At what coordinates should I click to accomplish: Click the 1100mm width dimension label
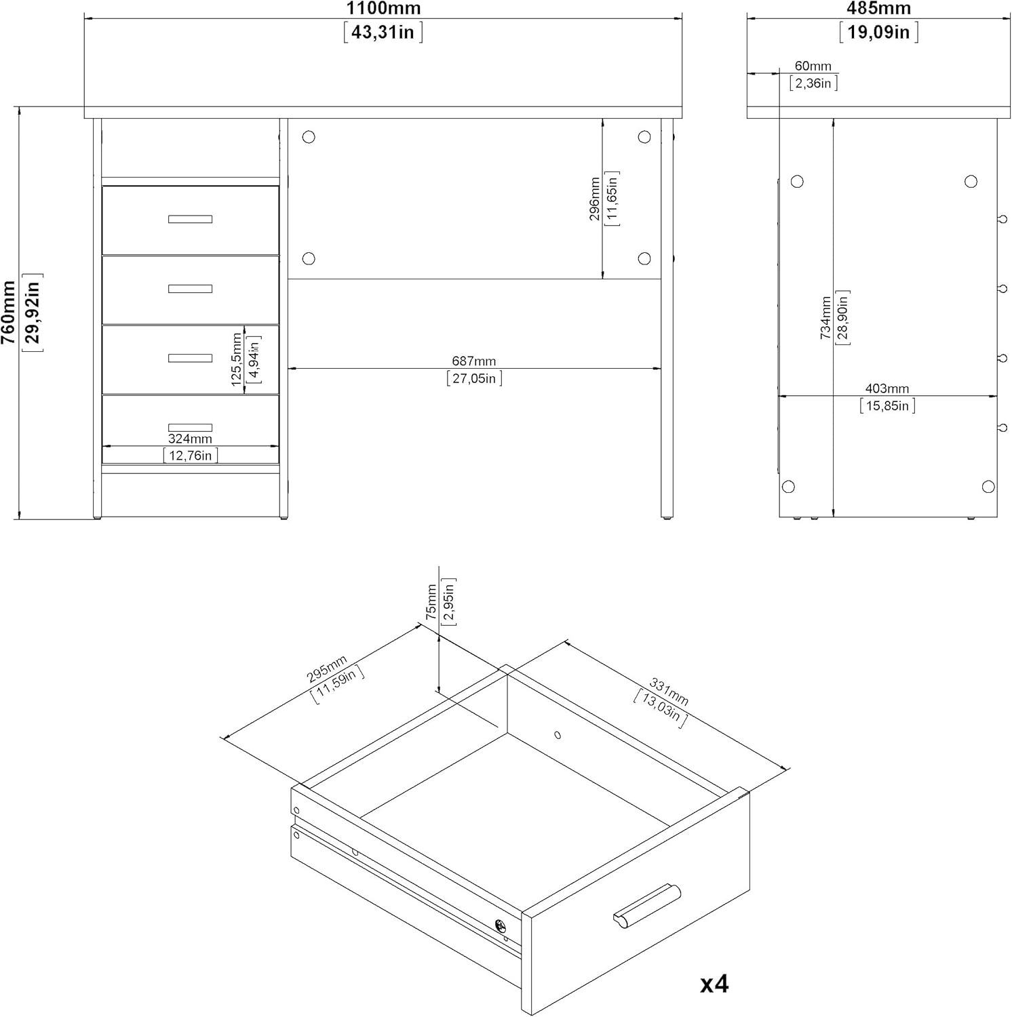click(383, 9)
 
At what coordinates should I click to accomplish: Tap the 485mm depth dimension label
click(878, 9)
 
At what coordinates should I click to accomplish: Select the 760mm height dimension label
click(9, 312)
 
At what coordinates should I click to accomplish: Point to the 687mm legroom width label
click(474, 361)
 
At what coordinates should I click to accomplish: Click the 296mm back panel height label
click(595, 199)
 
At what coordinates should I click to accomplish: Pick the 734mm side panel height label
click(825, 317)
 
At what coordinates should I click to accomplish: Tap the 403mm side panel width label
click(887, 388)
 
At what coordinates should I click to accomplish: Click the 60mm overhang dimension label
click(813, 66)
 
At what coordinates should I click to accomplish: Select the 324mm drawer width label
click(190, 439)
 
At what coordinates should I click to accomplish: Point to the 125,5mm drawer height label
click(237, 359)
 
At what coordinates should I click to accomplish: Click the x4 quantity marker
click(714, 984)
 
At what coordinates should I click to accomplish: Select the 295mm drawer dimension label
click(327, 669)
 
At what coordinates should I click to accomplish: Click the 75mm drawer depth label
click(431, 602)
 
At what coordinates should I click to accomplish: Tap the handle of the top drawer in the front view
click(190, 219)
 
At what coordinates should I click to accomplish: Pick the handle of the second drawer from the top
click(190, 289)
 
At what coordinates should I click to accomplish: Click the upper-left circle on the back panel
click(309, 137)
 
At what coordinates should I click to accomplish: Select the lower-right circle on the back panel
click(644, 258)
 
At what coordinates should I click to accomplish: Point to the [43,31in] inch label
click(383, 32)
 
